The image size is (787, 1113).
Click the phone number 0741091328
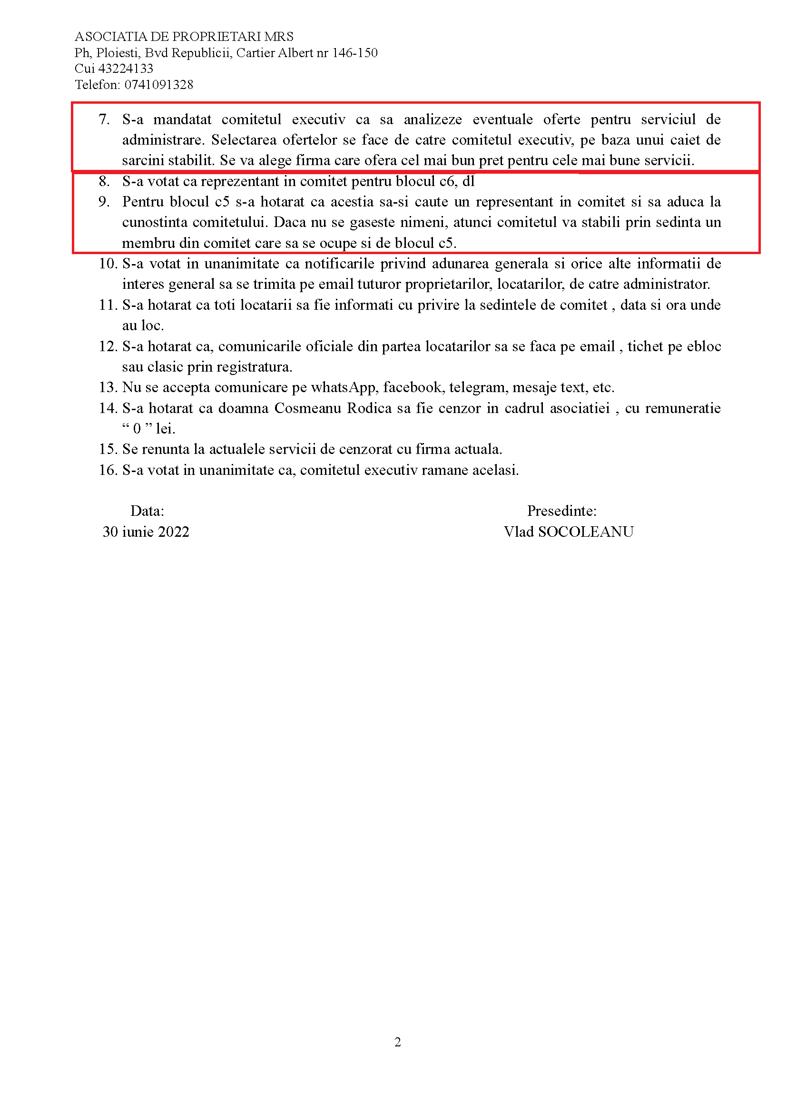pyautogui.click(x=158, y=85)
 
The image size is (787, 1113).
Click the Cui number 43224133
pyautogui.click(x=126, y=69)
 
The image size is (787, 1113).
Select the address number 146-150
pyautogui.click(x=354, y=53)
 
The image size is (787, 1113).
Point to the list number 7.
pyautogui.click(x=104, y=119)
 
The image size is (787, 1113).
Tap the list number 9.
pyautogui.click(x=104, y=202)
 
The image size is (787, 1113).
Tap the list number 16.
pyautogui.click(x=108, y=470)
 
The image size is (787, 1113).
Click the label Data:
pyautogui.click(x=147, y=511)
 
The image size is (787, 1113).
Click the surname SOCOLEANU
pyautogui.click(x=585, y=532)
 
